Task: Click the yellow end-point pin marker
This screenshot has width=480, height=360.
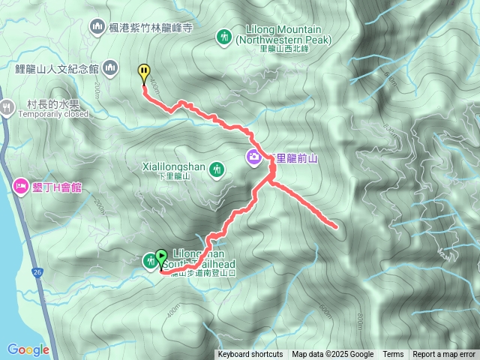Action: tap(143, 72)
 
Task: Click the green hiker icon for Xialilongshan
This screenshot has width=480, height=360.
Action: tap(217, 170)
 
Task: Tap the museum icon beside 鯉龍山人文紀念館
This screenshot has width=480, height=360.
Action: tap(110, 68)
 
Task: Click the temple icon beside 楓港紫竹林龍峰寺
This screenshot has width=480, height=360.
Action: tap(97, 28)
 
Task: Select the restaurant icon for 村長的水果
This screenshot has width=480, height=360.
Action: tap(7, 106)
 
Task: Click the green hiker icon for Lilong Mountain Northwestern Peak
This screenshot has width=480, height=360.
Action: tap(223, 35)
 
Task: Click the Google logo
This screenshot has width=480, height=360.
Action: tap(28, 349)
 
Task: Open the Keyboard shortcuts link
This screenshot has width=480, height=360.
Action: tap(250, 355)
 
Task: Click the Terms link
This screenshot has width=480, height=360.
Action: tap(393, 355)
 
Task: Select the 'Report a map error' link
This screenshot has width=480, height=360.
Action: tap(444, 355)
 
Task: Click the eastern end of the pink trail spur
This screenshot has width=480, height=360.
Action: tap(335, 224)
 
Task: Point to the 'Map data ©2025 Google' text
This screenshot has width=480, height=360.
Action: tap(333, 355)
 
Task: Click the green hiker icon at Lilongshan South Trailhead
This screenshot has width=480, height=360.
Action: tap(149, 260)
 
